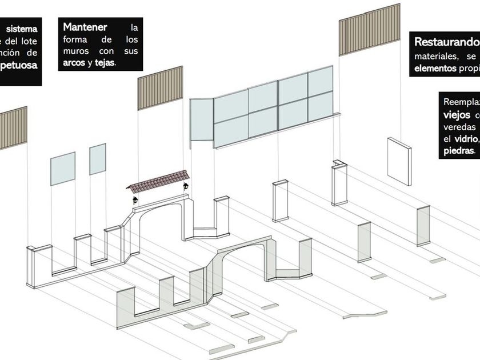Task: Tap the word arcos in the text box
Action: [x=74, y=63]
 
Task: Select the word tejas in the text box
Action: [x=105, y=63]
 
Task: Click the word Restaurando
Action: [x=446, y=42]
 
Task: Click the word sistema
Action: [x=22, y=28]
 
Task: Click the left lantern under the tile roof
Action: [x=135, y=199]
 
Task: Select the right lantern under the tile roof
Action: [x=186, y=186]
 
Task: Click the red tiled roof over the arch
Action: [x=158, y=181]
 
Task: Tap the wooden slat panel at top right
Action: [x=369, y=29]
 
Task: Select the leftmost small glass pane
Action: [x=62, y=168]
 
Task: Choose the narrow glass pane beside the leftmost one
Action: [x=98, y=159]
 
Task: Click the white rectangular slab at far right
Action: [x=399, y=161]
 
